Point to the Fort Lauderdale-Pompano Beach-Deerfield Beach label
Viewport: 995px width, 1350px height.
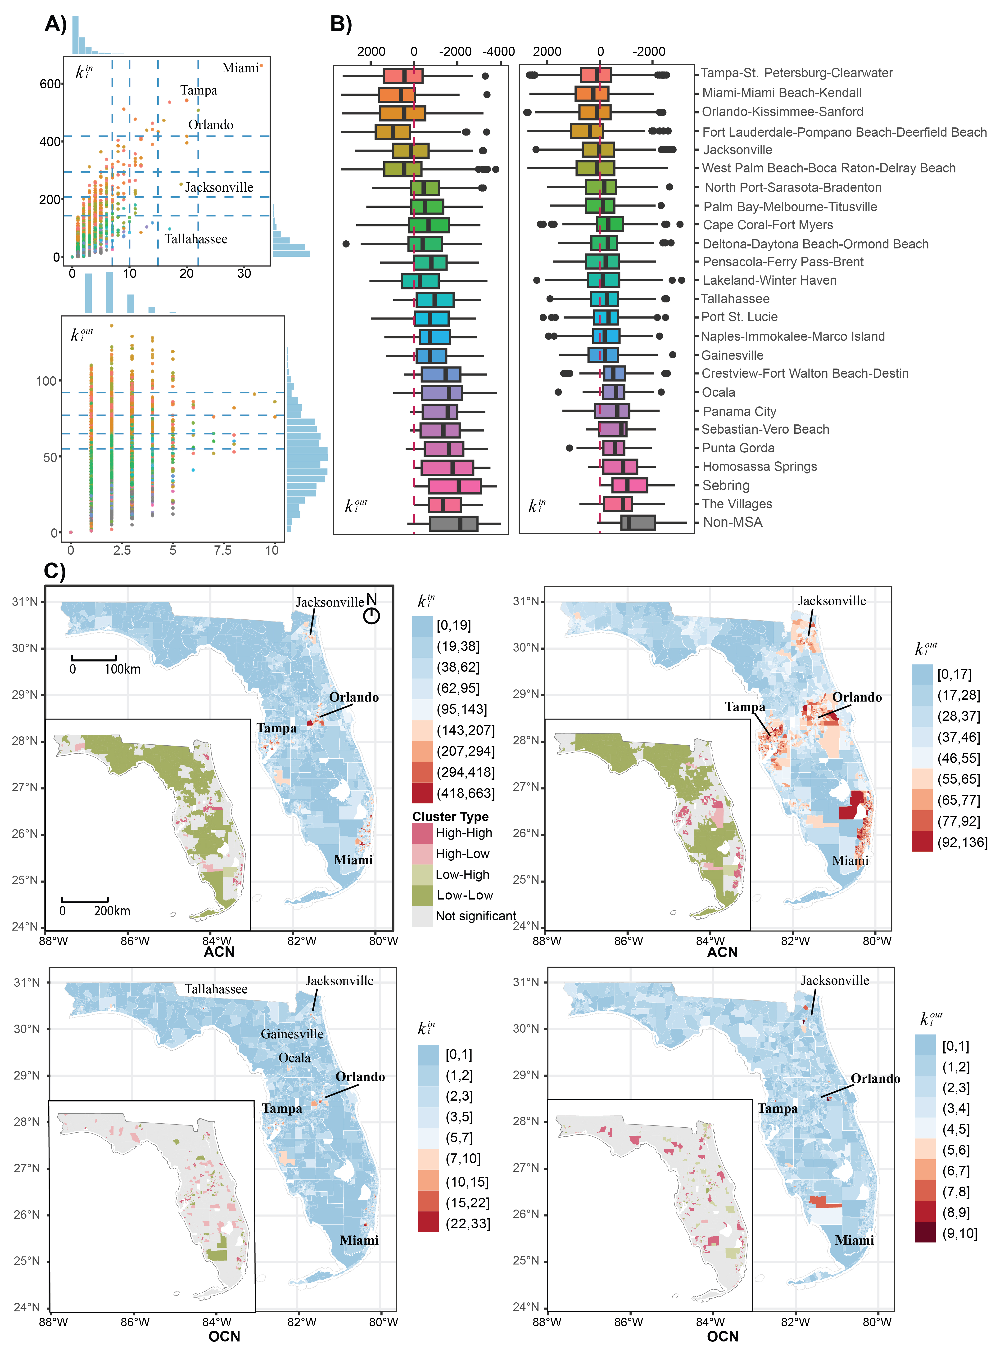coord(844,132)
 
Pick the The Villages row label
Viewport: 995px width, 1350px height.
coord(737,504)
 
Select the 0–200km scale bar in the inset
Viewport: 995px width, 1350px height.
coord(85,901)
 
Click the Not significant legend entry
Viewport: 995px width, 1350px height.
coord(475,916)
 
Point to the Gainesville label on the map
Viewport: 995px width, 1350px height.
coord(292,1034)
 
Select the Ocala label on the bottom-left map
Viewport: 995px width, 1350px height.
coord(294,1058)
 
